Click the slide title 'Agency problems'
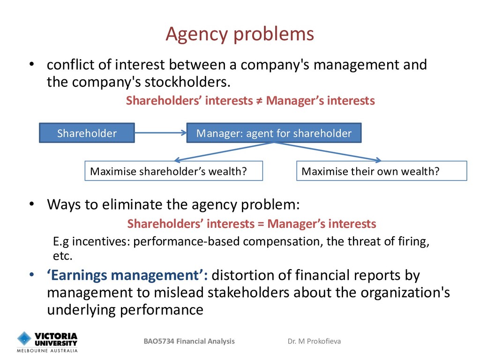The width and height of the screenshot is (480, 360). (240, 34)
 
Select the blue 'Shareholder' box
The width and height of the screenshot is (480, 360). (87, 133)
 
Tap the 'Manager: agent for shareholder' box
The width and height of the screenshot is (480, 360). (274, 133)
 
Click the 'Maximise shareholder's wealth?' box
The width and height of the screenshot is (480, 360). (173, 171)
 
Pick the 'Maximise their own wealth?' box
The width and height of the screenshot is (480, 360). (382, 171)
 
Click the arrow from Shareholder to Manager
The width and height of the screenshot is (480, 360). (161, 133)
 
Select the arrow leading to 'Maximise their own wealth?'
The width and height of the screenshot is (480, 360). (328, 151)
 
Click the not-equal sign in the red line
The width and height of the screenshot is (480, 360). (259, 101)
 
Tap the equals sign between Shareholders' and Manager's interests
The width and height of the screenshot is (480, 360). (261, 224)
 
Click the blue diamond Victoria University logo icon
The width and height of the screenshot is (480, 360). (24, 338)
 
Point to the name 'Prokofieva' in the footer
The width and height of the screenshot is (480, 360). (323, 341)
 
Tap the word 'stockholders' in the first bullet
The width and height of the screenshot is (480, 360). (187, 82)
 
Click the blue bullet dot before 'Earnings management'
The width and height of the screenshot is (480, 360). (32, 275)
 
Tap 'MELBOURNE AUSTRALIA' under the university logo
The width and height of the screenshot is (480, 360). (47, 351)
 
